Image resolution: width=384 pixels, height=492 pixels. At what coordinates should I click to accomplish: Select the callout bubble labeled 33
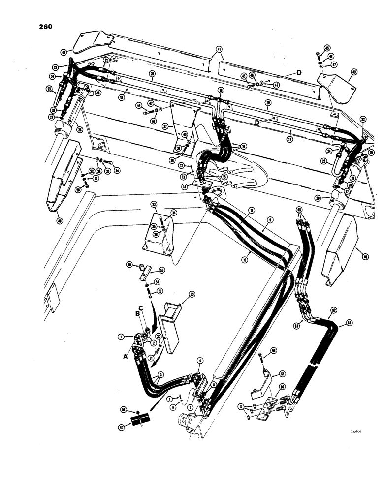(x=154, y=204)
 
